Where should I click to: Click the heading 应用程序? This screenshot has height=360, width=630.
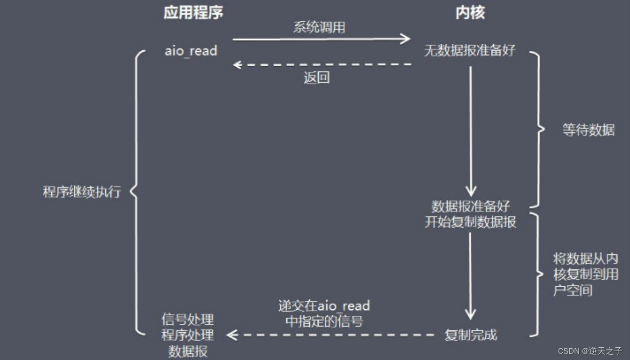(x=193, y=13)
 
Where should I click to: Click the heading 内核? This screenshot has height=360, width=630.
(x=470, y=13)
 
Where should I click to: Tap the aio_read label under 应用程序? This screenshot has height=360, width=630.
(x=191, y=51)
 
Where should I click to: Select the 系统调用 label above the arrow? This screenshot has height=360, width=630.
(x=319, y=27)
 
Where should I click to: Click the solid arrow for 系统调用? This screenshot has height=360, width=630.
(x=322, y=39)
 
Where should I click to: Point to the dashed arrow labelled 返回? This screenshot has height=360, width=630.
(x=322, y=64)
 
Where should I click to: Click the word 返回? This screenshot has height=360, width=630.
(x=316, y=78)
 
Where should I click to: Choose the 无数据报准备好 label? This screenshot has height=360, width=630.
(x=470, y=51)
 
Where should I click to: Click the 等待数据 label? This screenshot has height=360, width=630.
(x=588, y=130)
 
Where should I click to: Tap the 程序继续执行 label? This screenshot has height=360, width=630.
(x=82, y=192)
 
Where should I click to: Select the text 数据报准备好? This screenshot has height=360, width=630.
(x=471, y=206)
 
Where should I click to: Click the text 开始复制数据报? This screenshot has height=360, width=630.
(x=471, y=222)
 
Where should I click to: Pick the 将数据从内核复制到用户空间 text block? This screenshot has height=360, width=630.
(x=585, y=274)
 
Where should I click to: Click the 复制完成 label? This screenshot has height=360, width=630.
(x=471, y=335)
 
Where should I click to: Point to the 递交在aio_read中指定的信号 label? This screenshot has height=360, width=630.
(x=324, y=313)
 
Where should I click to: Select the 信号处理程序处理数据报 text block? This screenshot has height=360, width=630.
(x=188, y=336)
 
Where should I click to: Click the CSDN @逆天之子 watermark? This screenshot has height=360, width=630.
(x=590, y=351)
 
